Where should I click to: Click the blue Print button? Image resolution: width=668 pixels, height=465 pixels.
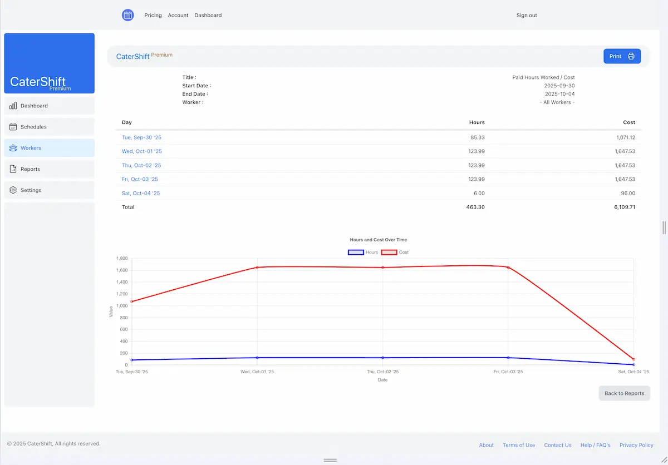[x=622, y=56]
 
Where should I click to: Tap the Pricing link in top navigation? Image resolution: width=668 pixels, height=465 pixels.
[x=153, y=16]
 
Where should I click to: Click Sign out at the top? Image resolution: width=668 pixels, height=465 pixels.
[x=526, y=16]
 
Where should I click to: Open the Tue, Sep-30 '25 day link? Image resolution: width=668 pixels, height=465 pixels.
[x=141, y=137]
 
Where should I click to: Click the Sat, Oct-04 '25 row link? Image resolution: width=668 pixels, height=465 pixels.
[x=141, y=193]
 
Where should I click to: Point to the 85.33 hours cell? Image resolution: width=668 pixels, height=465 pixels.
[x=476, y=137]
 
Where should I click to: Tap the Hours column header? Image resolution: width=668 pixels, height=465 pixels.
[x=477, y=122]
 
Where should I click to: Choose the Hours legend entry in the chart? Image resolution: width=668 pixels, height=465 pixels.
[x=363, y=253]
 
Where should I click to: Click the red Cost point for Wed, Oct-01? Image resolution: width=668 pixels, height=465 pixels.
[x=257, y=268]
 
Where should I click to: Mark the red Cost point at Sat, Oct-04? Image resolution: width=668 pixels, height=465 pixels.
[x=633, y=359]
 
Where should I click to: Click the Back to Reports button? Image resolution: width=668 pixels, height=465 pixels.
[x=624, y=393]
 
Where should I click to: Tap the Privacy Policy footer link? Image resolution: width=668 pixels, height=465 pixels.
[x=636, y=445]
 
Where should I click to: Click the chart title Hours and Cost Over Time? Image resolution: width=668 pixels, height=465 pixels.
[x=378, y=240]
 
